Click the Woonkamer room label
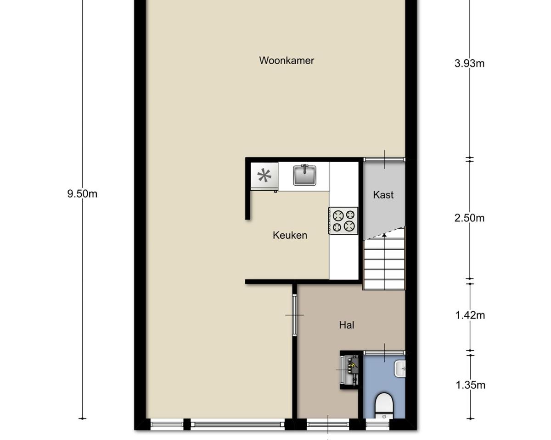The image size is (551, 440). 287,60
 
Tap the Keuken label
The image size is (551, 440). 290,235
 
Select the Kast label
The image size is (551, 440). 383,195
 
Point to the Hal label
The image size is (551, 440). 347,325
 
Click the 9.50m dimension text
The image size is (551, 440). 82,194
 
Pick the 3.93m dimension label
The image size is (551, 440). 469,63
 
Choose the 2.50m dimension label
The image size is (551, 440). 469,218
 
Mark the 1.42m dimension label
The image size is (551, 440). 470,315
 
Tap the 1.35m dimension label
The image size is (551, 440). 470,385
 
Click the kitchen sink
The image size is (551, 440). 304,175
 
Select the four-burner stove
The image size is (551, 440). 343,220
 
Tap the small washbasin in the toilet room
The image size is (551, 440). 400,368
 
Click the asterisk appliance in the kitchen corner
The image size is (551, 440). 264,176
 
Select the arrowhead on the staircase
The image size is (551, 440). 384,235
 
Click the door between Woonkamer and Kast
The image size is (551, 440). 384,159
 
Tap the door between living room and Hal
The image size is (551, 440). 294,315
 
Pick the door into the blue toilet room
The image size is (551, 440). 384,353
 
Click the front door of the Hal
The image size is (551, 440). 328,425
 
